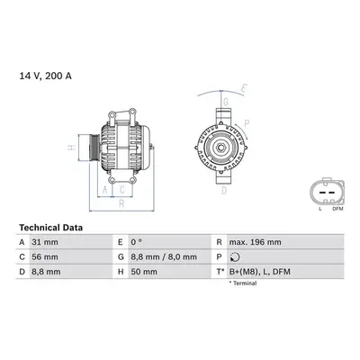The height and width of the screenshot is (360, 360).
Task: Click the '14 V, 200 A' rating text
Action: coord(46,76)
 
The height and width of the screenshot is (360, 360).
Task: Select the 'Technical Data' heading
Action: coord(50,228)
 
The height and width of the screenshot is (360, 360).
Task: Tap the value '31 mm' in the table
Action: coord(45,242)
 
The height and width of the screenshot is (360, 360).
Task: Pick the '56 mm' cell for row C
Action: coord(45,257)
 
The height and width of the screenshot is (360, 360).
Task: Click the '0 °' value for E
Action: coord(136,242)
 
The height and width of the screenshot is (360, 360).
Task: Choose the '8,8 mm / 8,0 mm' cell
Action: coord(164,257)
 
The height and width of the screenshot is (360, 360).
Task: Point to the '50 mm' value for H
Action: coord(144,272)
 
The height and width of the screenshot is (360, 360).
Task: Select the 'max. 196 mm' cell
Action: coord(256,242)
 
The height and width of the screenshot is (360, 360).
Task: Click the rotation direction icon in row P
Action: coord(234,257)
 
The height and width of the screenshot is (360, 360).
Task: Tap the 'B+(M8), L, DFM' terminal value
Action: coord(260,272)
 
